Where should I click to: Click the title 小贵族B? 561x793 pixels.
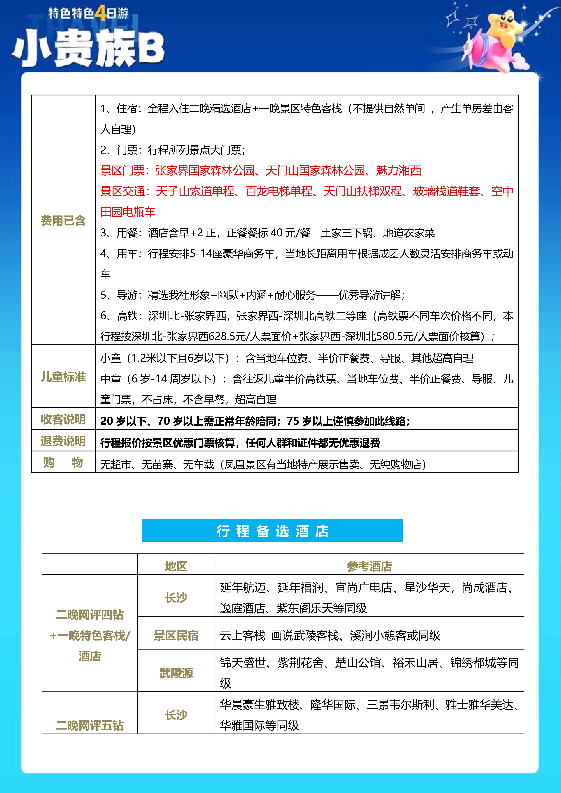click(x=88, y=48)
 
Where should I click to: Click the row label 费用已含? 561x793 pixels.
click(x=63, y=220)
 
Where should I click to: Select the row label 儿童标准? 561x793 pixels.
click(x=63, y=377)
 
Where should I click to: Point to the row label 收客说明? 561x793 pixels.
click(x=63, y=419)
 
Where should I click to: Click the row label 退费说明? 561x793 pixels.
click(x=63, y=441)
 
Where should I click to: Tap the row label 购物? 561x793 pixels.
click(x=63, y=463)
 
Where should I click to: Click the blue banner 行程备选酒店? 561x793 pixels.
click(x=272, y=530)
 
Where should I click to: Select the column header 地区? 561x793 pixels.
click(x=176, y=566)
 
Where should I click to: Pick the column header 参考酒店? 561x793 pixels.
click(x=369, y=566)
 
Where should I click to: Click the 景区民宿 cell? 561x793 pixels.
click(x=176, y=635)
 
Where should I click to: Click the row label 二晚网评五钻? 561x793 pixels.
click(x=89, y=725)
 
